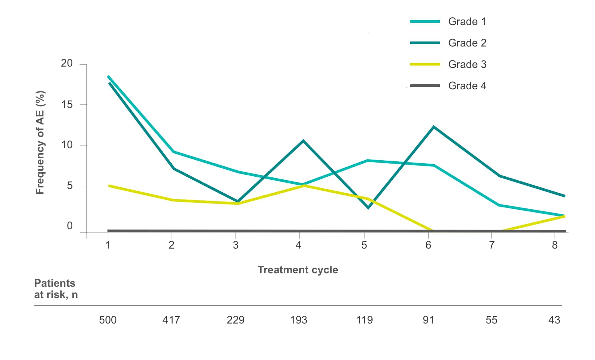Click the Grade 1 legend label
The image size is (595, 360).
467,22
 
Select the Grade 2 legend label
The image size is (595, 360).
467,43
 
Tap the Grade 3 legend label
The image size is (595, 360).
467,65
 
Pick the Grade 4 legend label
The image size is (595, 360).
467,86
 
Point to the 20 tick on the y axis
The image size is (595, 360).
67,63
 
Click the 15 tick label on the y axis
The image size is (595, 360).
67,105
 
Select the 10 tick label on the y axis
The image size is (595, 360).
67,145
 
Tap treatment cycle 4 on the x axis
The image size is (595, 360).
298,245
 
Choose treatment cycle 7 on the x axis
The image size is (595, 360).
492,245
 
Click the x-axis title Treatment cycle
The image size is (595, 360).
298,270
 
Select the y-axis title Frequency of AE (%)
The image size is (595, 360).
40,143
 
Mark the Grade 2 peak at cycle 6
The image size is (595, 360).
434,127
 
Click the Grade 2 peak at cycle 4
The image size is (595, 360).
303,141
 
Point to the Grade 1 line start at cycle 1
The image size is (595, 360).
108,77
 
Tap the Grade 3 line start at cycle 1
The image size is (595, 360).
109,185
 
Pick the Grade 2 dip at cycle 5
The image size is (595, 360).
368,208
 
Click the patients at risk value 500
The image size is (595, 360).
108,320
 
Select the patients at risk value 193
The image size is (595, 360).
298,320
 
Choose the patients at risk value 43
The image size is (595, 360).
554,320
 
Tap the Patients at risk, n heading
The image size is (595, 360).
56,289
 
